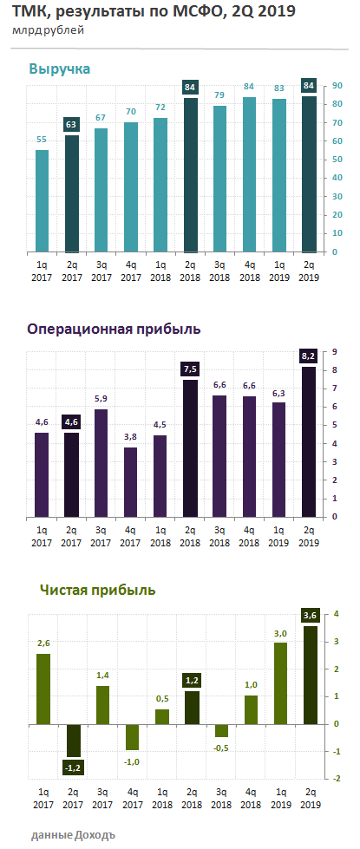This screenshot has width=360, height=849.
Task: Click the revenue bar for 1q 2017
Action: [x=42, y=201]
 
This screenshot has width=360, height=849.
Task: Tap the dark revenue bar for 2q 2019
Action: [x=309, y=173]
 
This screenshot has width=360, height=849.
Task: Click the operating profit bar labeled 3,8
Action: [x=131, y=482]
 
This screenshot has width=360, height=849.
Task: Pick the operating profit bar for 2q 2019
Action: [x=309, y=441]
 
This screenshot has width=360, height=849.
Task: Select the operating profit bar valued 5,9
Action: [x=101, y=463]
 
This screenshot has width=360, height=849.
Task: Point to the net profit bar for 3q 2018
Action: [x=219, y=730]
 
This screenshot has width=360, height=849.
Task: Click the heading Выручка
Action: [x=59, y=69]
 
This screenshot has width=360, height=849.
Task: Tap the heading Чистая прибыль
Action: [x=98, y=590]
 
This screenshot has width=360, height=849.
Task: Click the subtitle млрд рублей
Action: [x=49, y=30]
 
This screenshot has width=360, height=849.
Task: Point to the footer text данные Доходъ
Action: [x=73, y=834]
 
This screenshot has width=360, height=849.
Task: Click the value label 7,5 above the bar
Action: [x=190, y=369]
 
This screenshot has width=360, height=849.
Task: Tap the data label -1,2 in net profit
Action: [x=72, y=767]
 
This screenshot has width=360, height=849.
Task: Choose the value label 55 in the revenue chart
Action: [x=42, y=139]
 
